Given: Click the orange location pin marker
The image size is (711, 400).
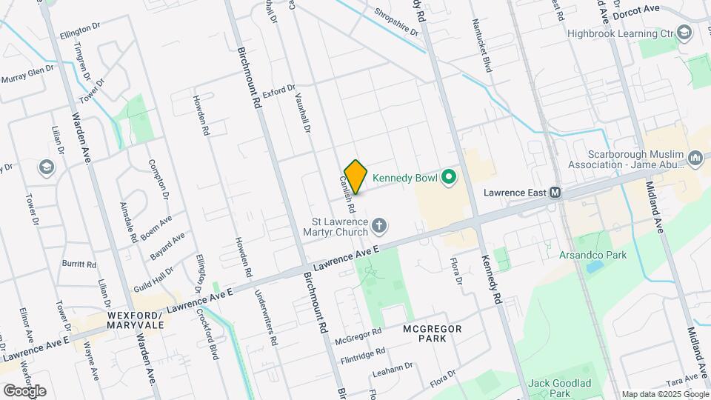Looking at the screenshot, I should tap(356, 176).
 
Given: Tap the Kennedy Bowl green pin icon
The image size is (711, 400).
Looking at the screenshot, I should tap(447, 177).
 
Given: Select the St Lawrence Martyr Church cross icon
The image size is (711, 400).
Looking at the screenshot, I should tap(380, 224).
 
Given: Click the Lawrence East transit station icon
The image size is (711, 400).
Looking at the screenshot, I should tap(554, 193).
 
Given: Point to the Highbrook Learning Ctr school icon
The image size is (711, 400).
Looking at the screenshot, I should tap(685, 33).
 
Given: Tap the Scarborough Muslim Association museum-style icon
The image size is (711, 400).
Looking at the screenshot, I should tap(695, 159).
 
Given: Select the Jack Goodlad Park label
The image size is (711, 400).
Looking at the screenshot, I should tap(559, 387).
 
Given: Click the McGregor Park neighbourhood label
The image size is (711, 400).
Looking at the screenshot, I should tap(433, 333).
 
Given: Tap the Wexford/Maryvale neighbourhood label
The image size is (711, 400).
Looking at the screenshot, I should tap(135, 319).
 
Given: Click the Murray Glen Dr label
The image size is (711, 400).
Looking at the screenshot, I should tap(27, 75).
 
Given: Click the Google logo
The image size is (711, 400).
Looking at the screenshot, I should tap(24, 390).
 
